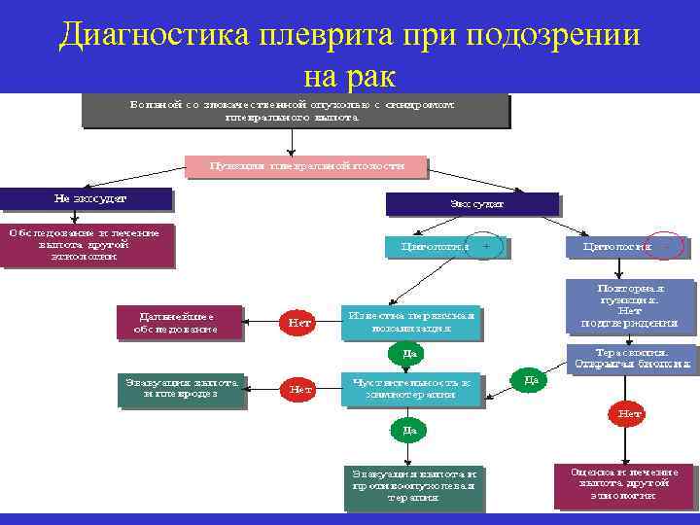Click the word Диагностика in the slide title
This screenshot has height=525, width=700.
(x=155, y=36)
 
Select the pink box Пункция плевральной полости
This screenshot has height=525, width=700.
(x=305, y=166)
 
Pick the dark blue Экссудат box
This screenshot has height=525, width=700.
(x=472, y=204)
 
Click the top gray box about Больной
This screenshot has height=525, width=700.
(x=295, y=110)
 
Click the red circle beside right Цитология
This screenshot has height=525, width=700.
(x=666, y=247)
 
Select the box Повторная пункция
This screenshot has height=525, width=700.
(x=631, y=305)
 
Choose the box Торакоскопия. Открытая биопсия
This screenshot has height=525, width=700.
(x=631, y=359)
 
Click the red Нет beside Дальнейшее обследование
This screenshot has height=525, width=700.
(x=299, y=323)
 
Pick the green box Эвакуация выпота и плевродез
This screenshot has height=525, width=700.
(x=182, y=389)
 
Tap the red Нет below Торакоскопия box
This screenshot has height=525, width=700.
(x=631, y=414)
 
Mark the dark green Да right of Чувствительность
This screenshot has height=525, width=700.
(x=530, y=380)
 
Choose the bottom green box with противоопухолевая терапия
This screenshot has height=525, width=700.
(x=413, y=485)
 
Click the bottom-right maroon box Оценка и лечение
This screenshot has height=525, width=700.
(x=625, y=483)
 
